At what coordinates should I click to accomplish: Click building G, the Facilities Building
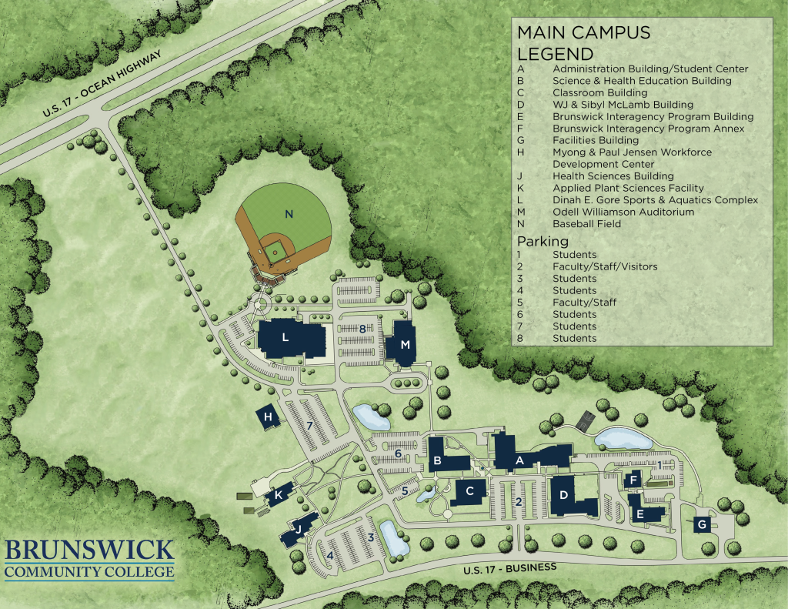tap(701, 525)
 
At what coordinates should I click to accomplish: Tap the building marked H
tap(268, 418)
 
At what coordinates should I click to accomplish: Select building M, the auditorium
tap(403, 344)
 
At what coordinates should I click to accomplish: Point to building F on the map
tap(633, 480)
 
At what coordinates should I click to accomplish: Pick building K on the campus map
tap(277, 496)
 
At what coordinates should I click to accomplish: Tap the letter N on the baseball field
tap(289, 215)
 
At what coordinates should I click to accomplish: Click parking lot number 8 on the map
tap(362, 329)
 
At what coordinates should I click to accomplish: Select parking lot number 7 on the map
tap(309, 426)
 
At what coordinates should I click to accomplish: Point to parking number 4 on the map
tap(331, 554)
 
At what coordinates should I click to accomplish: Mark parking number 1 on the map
tap(659, 465)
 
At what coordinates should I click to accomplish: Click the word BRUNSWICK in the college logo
tap(89, 551)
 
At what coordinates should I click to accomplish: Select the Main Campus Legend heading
tap(583, 43)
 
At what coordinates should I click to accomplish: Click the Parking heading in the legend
tap(542, 241)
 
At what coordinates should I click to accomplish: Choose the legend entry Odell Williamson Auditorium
tap(623, 212)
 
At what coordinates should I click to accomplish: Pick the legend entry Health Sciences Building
tap(613, 176)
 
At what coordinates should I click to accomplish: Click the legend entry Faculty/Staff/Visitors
tap(604, 266)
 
